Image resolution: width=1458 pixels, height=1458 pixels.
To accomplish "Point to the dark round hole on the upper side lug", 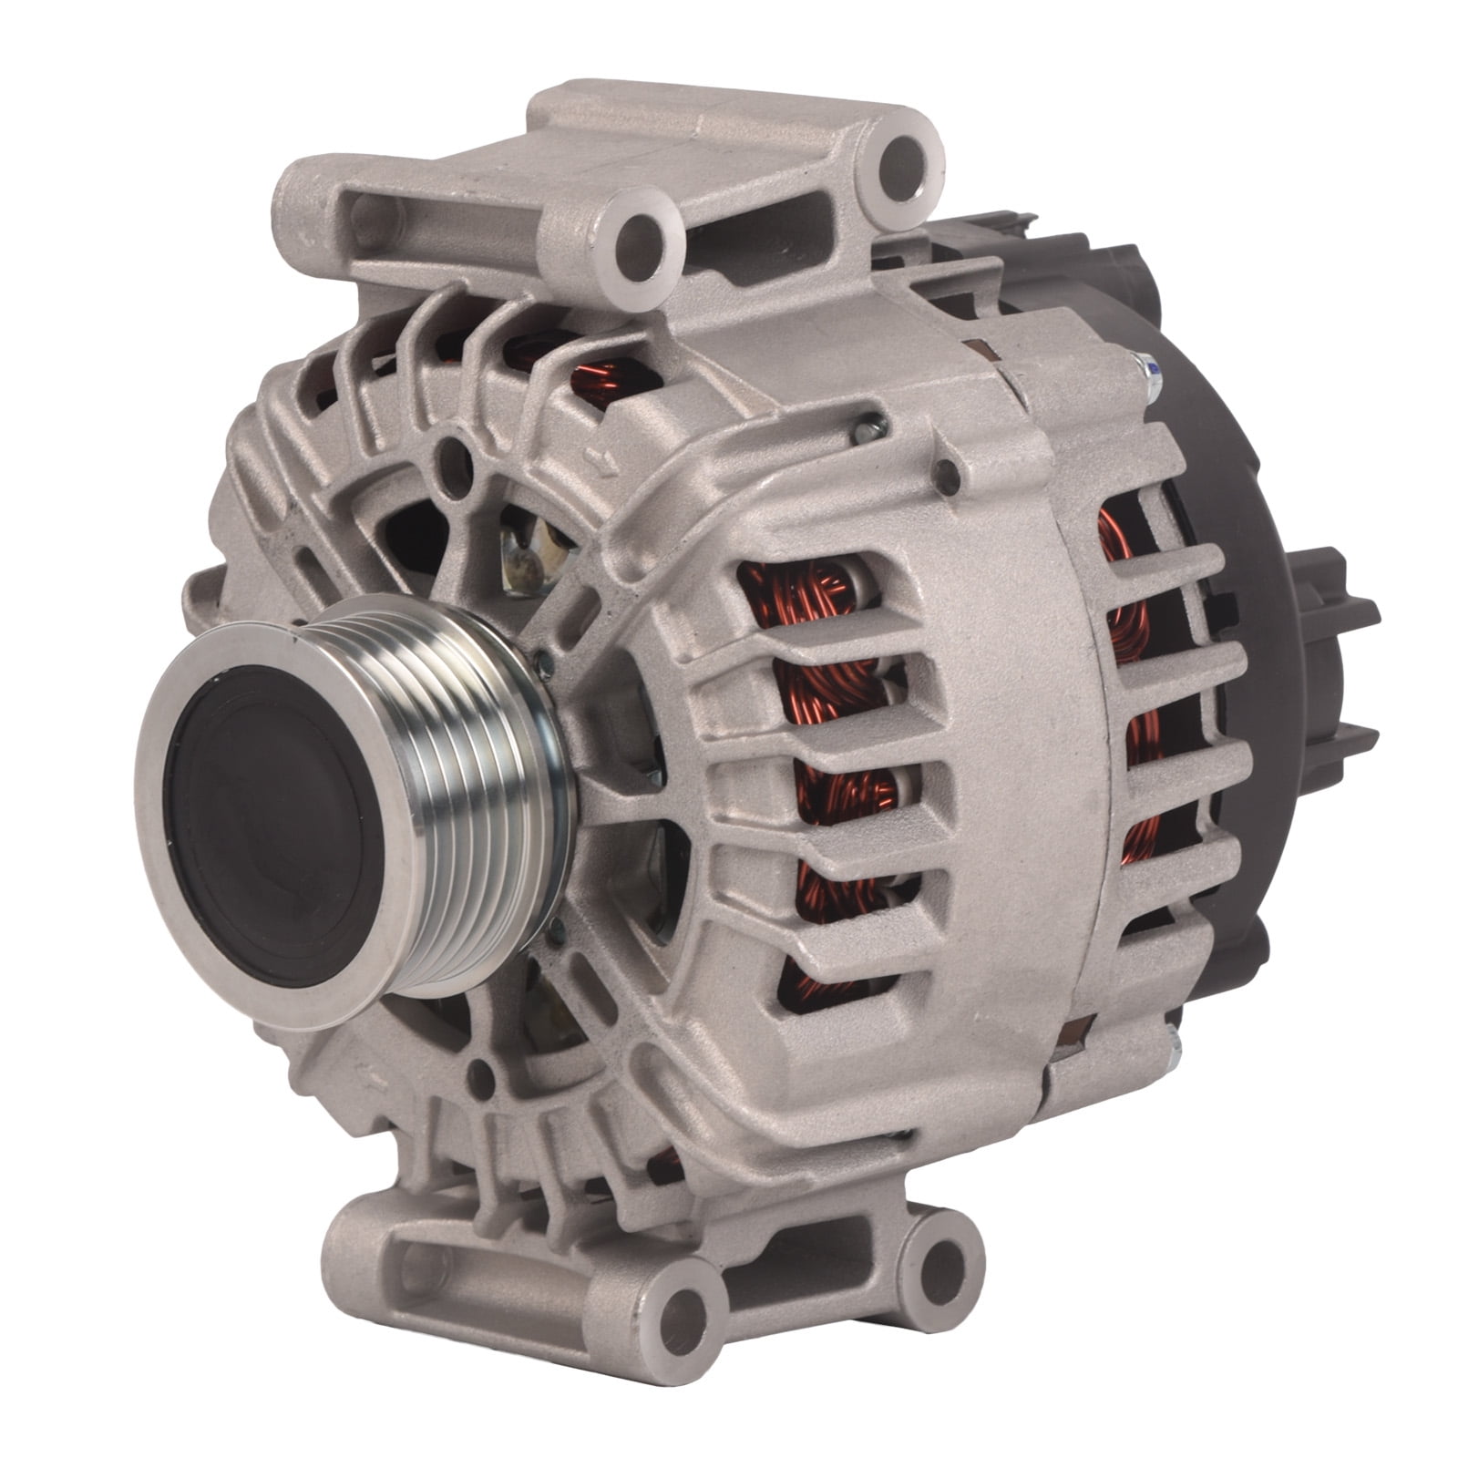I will [948, 471].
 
